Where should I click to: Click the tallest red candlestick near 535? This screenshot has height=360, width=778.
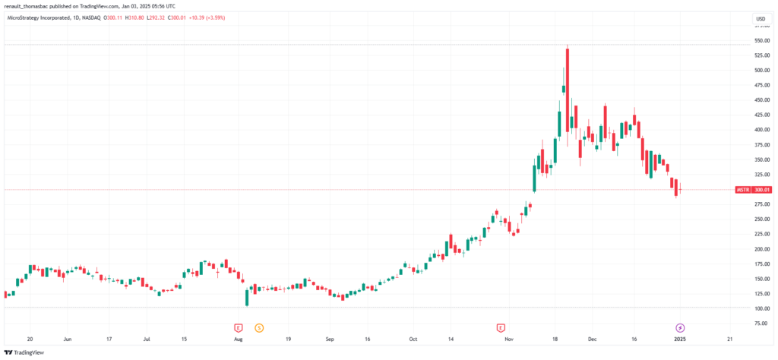point(568,84)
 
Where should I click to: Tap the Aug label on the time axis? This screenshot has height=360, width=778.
point(238,340)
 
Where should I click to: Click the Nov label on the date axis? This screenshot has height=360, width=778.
point(509,340)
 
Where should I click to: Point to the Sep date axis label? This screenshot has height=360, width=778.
point(329,340)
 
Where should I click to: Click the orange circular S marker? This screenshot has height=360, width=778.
point(259,327)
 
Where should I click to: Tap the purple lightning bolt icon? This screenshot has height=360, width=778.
point(679,327)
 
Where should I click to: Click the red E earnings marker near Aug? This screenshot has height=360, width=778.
point(238,327)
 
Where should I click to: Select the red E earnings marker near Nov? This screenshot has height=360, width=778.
point(501,327)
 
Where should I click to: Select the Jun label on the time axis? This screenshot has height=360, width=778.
point(68,340)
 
